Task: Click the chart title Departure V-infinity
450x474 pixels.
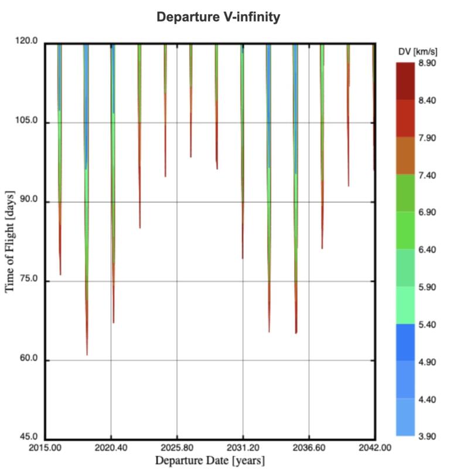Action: pyautogui.click(x=218, y=18)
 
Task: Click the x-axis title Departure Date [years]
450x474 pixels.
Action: pyautogui.click(x=210, y=461)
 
